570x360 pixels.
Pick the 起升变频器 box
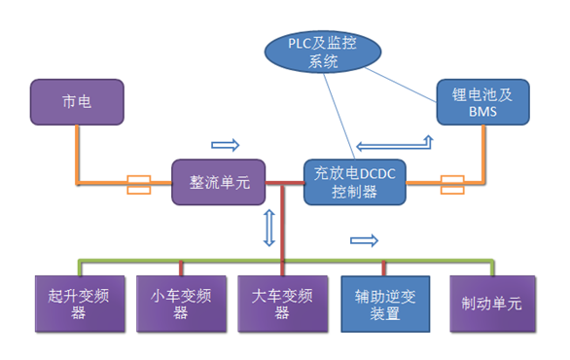73,302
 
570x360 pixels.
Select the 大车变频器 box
282,302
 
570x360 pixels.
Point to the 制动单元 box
490,302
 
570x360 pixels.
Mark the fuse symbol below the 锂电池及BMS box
455,182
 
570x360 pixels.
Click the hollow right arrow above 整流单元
225,145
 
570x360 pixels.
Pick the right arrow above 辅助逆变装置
364,240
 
